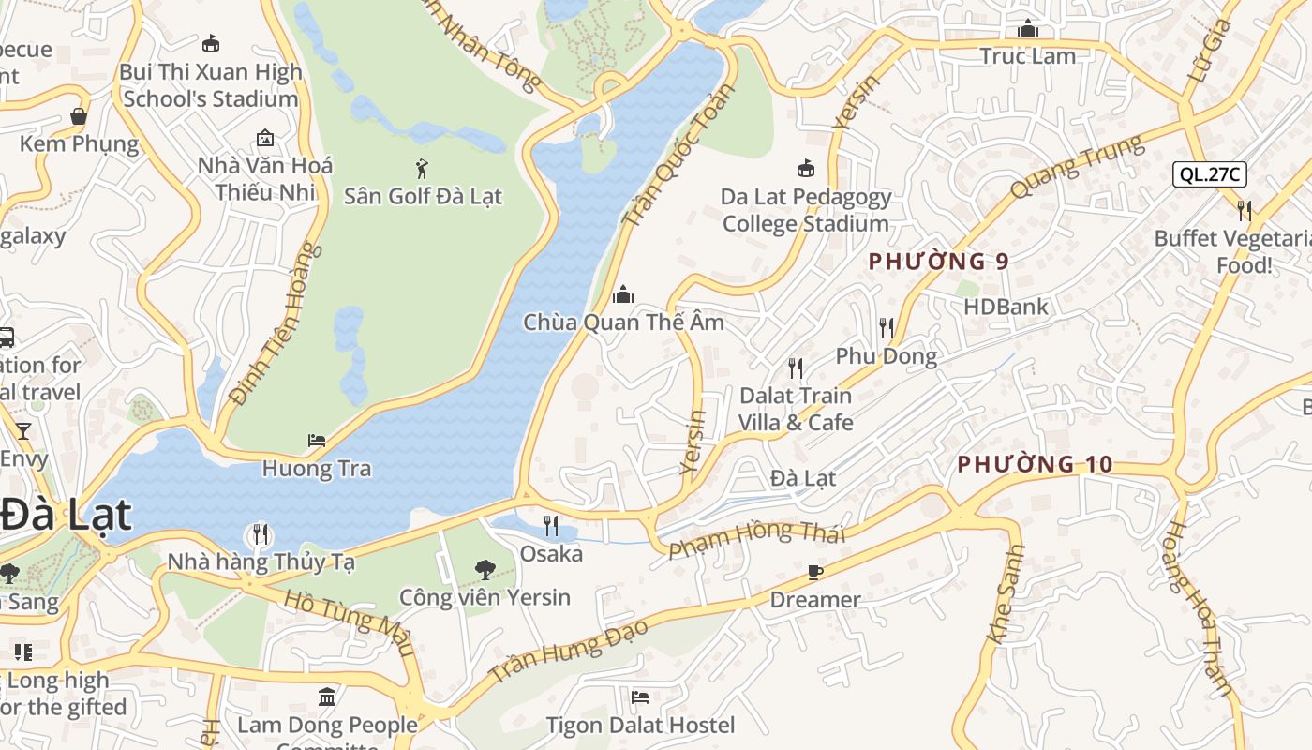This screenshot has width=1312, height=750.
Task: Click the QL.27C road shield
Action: pos(1210,173)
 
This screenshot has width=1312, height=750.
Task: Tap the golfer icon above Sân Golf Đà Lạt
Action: pos(423,169)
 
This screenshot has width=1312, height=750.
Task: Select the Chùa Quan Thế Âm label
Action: pos(623,322)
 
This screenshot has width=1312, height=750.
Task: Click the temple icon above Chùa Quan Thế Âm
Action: pos(622,295)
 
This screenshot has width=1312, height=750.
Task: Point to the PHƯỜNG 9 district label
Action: pos(938,262)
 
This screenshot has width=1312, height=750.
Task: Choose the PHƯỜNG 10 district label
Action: pos(1035,464)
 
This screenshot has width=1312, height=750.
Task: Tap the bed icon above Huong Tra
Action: pos(317,441)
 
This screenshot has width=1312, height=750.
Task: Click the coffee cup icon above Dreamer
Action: pos(814,572)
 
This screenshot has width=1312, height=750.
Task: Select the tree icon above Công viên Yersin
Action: pos(485,569)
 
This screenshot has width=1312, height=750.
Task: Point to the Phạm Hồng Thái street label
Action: pos(757,540)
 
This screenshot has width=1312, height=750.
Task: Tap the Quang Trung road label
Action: pos(1078,167)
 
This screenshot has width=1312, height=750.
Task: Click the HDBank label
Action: pos(1006,307)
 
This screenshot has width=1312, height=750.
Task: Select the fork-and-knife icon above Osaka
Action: pos(551,526)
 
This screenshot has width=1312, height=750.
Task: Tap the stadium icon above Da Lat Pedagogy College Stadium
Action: pos(805,169)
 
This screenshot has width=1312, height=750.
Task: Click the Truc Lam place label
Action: pos(1027,56)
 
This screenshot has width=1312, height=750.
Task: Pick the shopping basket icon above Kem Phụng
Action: pos(79,117)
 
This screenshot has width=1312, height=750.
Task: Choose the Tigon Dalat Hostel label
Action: pos(640,725)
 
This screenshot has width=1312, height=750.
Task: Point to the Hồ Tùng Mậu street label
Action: pos(349,622)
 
